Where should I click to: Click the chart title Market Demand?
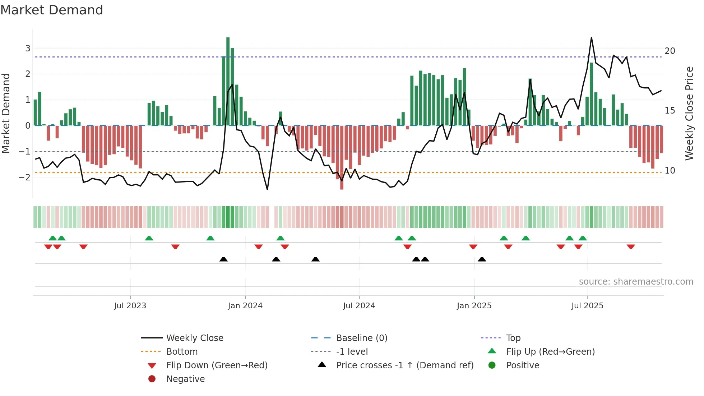coord(52,10)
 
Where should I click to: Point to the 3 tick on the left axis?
coord(28,48)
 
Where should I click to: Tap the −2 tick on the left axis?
coord(25,177)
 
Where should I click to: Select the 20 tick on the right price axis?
coord(670,51)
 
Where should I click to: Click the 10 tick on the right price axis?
coord(670,170)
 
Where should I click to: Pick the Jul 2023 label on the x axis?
coord(130,306)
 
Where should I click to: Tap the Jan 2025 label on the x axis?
coord(474,306)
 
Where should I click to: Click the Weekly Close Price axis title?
coord(689,113)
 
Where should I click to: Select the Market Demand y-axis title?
coord(6,113)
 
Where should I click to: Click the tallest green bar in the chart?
coord(228,81)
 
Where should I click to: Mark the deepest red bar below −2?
coord(342,158)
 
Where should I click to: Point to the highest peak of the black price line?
coord(591,38)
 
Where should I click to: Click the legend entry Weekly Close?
coord(195,338)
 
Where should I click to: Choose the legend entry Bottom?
coord(182,351)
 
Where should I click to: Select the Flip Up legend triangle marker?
coord(492,351)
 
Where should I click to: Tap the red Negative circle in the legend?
coord(152,379)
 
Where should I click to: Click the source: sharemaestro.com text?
coord(636,281)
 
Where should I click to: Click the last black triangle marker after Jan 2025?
coord(482,259)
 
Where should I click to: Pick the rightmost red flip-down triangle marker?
coord(631,247)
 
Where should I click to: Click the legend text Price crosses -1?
coord(405,365)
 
